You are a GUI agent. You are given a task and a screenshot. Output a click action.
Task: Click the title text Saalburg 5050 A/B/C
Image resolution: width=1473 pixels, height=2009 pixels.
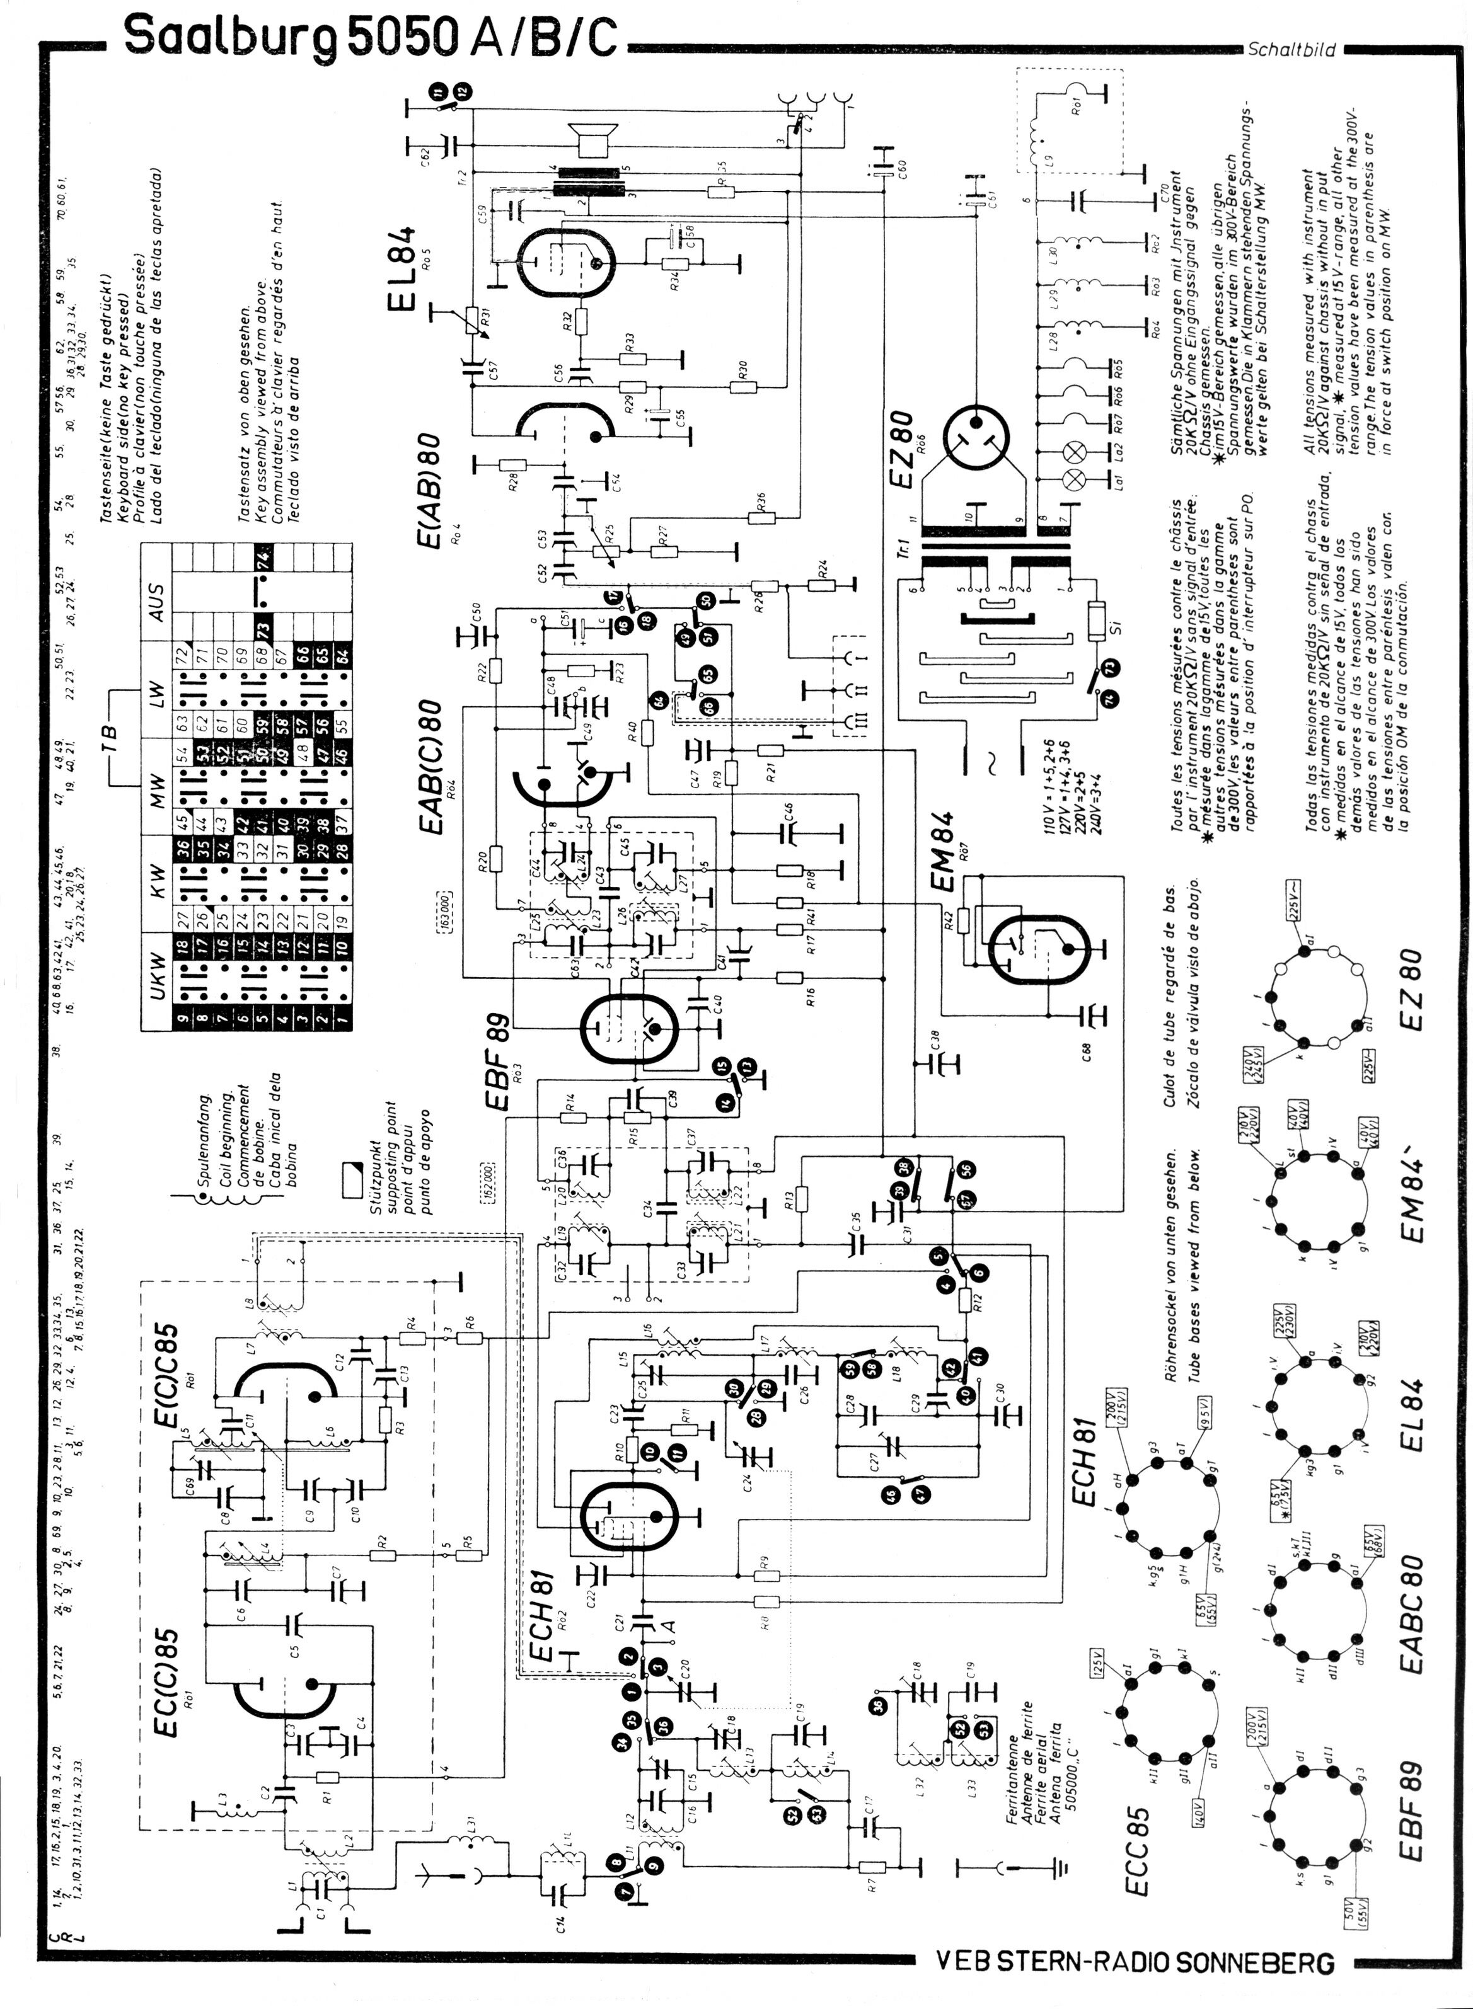(x=369, y=37)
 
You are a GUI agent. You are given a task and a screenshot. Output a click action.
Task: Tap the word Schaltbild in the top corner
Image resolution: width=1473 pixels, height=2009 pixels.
(x=1291, y=51)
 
